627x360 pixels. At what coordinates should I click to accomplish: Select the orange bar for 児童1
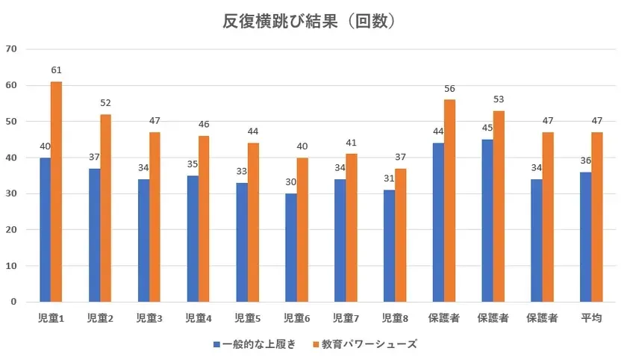click(56, 192)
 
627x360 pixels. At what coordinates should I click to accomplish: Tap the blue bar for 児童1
click(45, 230)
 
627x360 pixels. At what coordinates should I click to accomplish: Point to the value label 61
click(56, 70)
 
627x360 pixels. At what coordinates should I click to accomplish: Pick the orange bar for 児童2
click(105, 208)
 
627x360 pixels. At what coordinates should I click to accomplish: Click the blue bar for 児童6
click(290, 248)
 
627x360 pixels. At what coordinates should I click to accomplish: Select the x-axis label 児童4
click(198, 318)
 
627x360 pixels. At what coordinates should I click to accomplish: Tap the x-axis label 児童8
click(395, 318)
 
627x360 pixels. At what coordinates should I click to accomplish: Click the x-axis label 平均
click(591, 318)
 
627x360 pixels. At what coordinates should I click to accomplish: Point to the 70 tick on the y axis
click(11, 49)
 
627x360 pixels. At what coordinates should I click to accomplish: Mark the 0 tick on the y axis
click(14, 302)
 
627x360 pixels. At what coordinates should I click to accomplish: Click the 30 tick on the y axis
click(11, 193)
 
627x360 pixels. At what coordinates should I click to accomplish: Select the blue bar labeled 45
click(487, 220)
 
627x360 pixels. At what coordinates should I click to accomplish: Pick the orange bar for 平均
click(596, 217)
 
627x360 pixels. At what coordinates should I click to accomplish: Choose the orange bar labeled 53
click(499, 206)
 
